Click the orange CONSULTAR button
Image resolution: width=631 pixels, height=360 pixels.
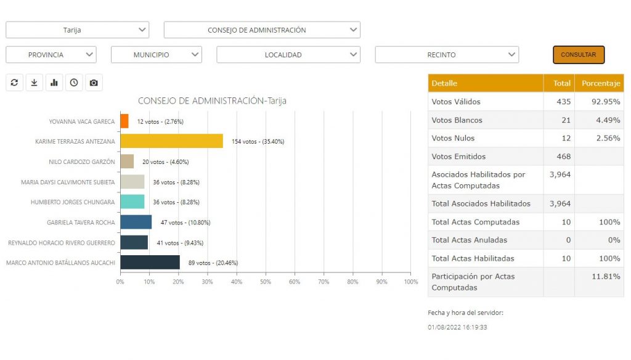(578, 55)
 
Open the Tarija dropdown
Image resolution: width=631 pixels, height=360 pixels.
(77, 30)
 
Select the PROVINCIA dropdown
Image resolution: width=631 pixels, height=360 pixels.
(51, 55)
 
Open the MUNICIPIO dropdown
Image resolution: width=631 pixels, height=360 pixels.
(156, 55)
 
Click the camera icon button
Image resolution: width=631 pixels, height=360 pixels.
(94, 83)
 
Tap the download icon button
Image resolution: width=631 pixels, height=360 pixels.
(35, 83)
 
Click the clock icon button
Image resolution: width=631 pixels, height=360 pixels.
(74, 83)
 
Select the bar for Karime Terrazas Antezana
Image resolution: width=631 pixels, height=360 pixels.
(171, 141)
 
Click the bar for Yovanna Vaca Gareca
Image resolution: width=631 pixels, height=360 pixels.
(124, 121)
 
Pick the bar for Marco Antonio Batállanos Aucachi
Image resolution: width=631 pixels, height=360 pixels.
(150, 263)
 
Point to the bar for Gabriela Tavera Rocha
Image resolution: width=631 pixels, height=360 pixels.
(136, 222)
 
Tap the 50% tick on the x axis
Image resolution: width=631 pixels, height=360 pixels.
(266, 282)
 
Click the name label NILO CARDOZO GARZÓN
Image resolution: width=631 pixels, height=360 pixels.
(81, 162)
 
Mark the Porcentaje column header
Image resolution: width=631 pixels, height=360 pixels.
(599, 83)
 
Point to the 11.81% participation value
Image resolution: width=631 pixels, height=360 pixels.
(607, 277)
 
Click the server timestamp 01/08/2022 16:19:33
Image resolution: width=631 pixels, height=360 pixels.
(457, 327)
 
